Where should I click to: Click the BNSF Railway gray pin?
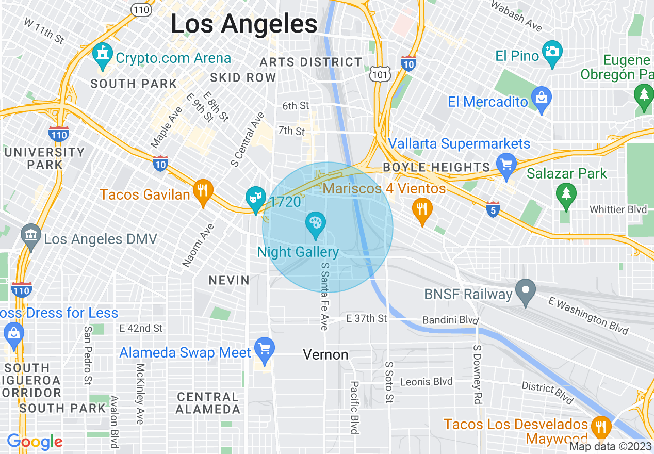(526, 291)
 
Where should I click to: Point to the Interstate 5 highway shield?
(493, 209)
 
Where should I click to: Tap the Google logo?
(35, 442)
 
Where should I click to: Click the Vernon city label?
(325, 355)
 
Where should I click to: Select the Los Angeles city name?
(244, 24)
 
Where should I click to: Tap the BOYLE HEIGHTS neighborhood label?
(436, 167)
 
